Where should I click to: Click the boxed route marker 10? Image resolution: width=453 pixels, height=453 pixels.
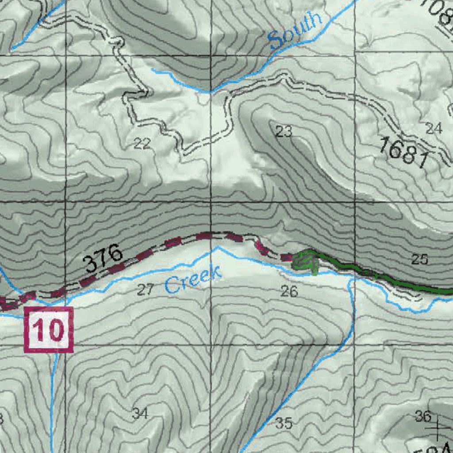(x=48, y=330)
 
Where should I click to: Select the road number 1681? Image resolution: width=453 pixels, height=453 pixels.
(x=404, y=153)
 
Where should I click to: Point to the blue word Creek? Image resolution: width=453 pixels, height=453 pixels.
(x=193, y=280)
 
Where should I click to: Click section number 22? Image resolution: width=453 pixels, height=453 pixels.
(x=142, y=143)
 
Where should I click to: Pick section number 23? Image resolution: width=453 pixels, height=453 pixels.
(x=284, y=131)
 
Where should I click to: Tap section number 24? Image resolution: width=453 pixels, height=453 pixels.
(x=434, y=129)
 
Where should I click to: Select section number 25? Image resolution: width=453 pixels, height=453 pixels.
(x=419, y=259)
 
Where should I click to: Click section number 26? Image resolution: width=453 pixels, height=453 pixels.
(x=289, y=291)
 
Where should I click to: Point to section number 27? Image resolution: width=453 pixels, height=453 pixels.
(x=145, y=290)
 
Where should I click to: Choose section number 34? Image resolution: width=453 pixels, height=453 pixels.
(x=140, y=414)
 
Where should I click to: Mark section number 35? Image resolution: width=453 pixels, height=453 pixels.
(x=284, y=423)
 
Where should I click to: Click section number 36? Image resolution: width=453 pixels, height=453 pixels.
(x=423, y=416)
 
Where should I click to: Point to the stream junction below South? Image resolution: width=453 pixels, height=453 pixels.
(x=211, y=92)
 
